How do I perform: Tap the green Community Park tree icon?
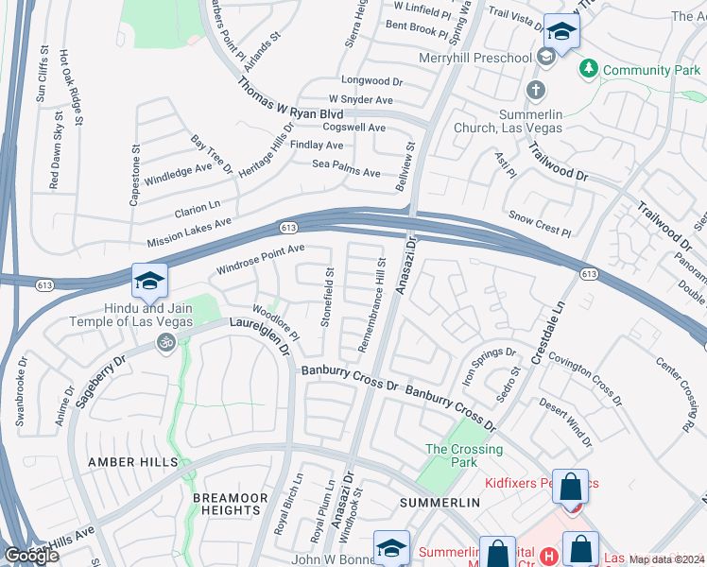pyautogui.click(x=589, y=70)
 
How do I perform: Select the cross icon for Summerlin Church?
pyautogui.click(x=536, y=91)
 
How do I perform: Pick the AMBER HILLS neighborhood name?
pyautogui.click(x=133, y=461)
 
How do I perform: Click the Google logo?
pyautogui.click(x=31, y=556)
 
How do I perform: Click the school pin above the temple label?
pyautogui.click(x=149, y=282)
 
